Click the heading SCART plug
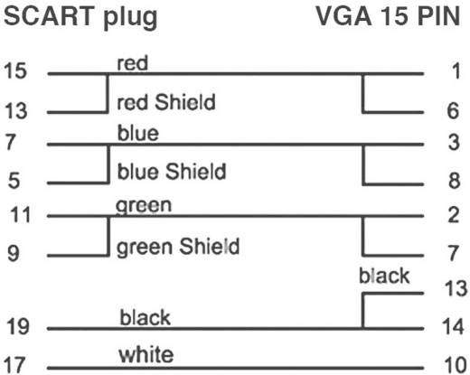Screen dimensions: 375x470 (x=80, y=17)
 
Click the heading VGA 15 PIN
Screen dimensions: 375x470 (x=392, y=17)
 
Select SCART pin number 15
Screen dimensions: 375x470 (x=14, y=70)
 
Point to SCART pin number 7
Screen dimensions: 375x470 (x=10, y=143)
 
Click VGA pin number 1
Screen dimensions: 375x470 (x=455, y=71)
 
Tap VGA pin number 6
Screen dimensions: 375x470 (x=455, y=111)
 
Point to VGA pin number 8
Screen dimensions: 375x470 (x=455, y=182)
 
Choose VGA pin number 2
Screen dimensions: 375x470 (x=455, y=216)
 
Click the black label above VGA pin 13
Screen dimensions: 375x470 (x=383, y=276)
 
